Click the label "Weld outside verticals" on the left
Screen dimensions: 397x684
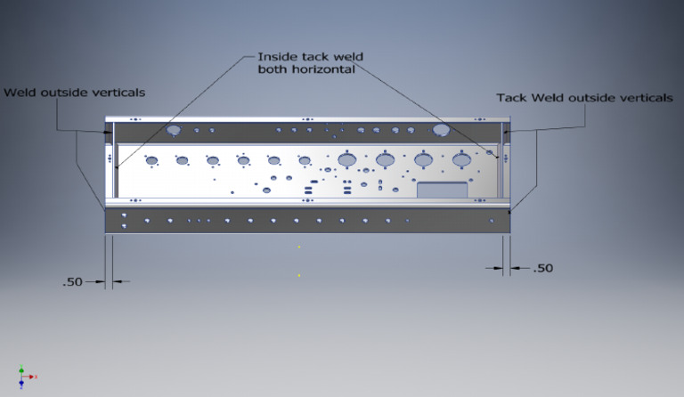tap(75, 92)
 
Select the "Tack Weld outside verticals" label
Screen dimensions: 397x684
tap(584, 98)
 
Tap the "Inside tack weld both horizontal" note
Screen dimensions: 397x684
tap(310, 62)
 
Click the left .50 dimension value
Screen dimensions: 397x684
tap(72, 282)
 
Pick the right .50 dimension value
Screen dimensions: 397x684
tap(541, 267)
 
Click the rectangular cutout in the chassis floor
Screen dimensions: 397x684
tap(442, 190)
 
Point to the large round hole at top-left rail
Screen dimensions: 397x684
tap(174, 130)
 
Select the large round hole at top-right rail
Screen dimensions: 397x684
tap(441, 130)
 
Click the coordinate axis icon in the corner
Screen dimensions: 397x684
tap(24, 376)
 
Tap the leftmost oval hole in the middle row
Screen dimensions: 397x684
tap(152, 161)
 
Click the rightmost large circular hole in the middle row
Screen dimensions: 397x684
tap(460, 159)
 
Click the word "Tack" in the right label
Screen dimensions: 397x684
tap(511, 98)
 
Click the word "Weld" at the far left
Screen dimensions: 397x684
tap(20, 92)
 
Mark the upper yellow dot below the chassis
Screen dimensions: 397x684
tap(300, 247)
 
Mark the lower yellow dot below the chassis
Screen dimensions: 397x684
tap(300, 275)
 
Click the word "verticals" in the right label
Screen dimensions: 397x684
tap(644, 98)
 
